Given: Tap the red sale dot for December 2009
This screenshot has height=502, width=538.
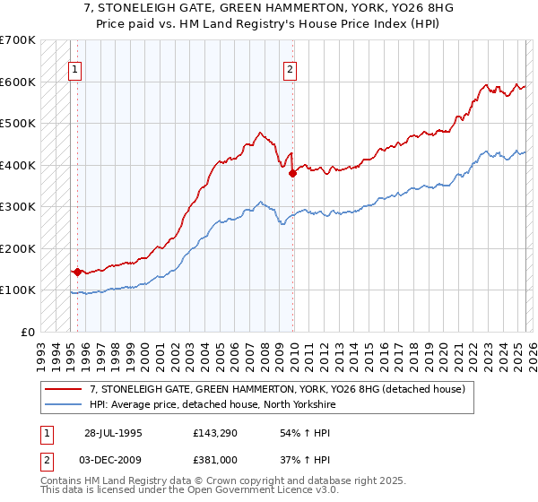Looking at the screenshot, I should click(292, 173).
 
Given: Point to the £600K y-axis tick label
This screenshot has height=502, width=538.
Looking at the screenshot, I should click(18, 82).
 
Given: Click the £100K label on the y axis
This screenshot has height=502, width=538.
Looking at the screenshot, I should click(18, 290).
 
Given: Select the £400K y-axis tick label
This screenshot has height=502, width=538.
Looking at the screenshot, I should click(18, 165).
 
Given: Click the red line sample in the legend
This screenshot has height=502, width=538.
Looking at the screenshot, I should click(64, 389).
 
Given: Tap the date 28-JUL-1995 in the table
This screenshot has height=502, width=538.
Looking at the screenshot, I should click(112, 432).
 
